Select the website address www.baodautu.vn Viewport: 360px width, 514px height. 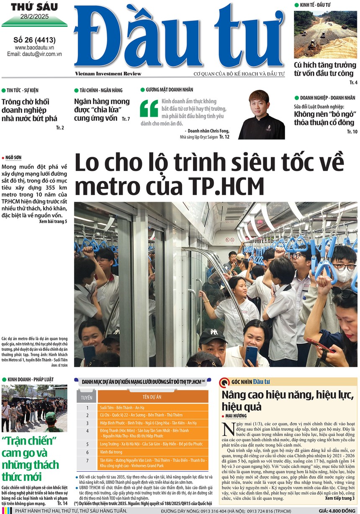35,48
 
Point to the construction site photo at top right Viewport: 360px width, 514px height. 325,34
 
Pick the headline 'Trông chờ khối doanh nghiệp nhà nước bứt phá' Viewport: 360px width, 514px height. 29,110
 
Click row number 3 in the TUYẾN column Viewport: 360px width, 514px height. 87,423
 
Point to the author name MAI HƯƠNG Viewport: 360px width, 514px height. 237,416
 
